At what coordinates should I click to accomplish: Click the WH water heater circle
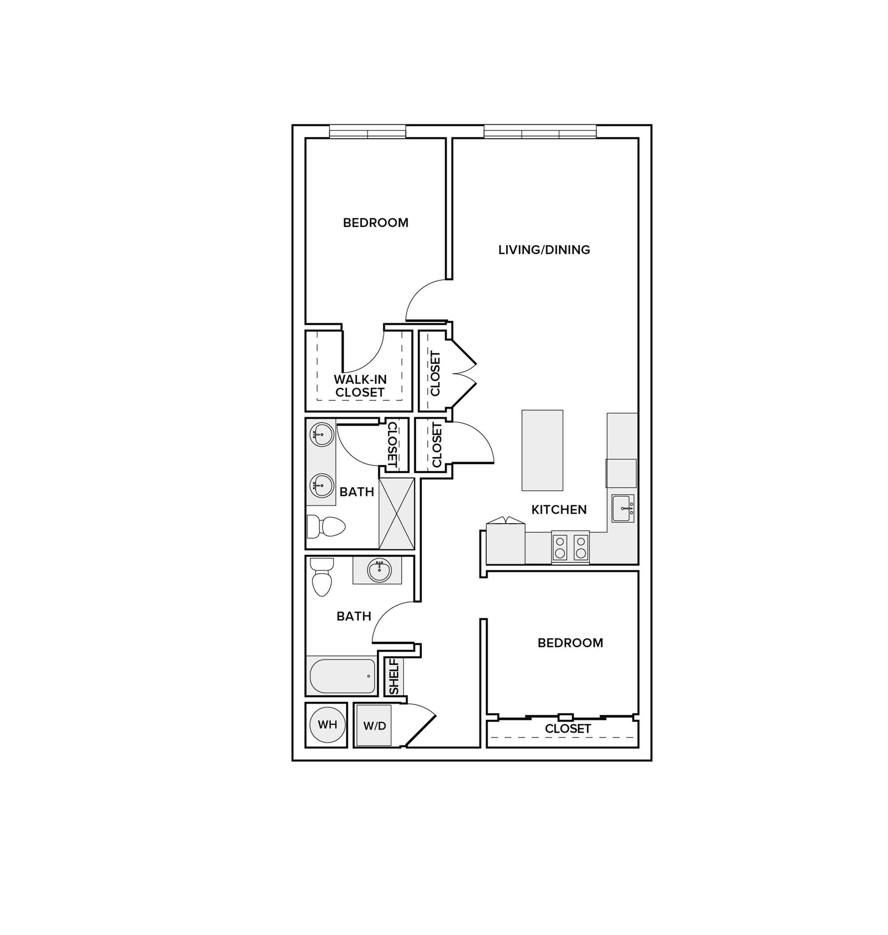(327, 725)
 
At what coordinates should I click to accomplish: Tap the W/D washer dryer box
(374, 726)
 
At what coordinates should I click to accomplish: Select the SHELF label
(394, 677)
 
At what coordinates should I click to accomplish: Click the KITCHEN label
(559, 509)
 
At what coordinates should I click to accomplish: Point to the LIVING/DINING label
(544, 250)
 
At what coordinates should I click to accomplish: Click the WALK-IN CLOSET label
(360, 386)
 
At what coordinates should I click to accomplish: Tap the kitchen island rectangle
(543, 450)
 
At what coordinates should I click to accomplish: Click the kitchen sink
(623, 509)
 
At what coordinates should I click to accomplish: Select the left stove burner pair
(560, 547)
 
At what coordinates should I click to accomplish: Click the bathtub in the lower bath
(342, 676)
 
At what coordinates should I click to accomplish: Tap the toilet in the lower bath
(322, 577)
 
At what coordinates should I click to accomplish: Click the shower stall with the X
(396, 513)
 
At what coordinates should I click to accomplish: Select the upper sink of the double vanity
(321, 434)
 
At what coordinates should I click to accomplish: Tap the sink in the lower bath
(379, 570)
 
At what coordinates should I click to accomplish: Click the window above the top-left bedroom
(367, 131)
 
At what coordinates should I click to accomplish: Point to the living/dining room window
(540, 131)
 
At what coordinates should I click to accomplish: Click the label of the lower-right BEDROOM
(571, 643)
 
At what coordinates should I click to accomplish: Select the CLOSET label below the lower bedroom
(568, 728)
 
